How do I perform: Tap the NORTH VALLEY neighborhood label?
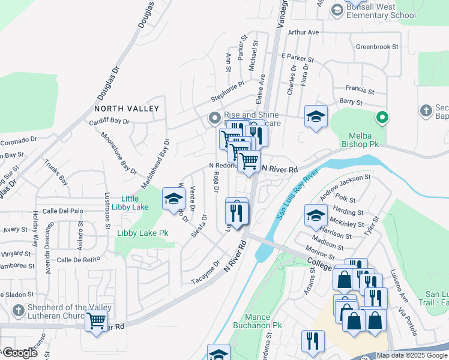coord(127,109)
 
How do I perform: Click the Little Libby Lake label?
coord(130,203)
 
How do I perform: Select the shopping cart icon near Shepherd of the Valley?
coord(96,322)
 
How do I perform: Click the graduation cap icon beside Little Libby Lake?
coord(173,199)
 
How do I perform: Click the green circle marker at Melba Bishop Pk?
coord(381,117)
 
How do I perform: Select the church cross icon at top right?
coord(426,110)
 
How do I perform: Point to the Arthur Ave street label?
coord(303,32)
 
